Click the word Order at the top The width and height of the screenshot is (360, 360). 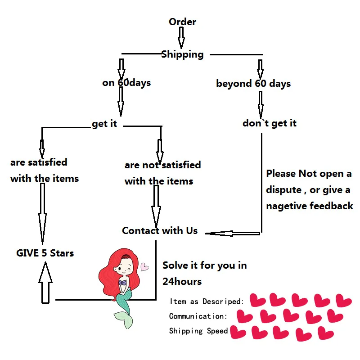pos(182,22)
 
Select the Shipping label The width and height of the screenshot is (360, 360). pos(182,54)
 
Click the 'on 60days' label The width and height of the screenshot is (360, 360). pos(126,83)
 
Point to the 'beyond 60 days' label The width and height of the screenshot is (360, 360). pos(253,84)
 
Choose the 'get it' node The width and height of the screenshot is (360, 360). pos(104,124)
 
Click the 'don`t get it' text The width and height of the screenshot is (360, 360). pos(270,123)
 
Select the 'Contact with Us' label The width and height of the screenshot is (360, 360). pos(160,231)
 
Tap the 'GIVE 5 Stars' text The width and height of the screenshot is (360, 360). pos(45,253)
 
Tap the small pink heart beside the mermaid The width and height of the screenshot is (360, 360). pos(144,267)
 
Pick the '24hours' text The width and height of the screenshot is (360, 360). pos(182,282)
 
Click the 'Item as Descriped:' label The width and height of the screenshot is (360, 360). pos(207,301)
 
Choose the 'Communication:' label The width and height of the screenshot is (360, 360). pos(198,316)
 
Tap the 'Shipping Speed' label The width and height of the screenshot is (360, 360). pos(198,331)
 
